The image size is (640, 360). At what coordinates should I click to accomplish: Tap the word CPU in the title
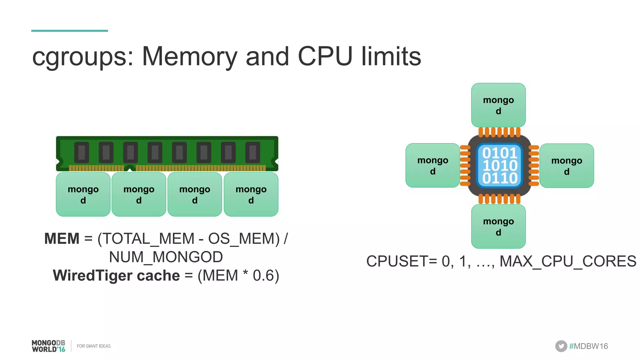click(325, 57)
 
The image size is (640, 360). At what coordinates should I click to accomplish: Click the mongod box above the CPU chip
click(498, 105)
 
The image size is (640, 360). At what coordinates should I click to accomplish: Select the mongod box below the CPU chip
click(498, 226)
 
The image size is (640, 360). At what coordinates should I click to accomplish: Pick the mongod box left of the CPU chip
click(432, 165)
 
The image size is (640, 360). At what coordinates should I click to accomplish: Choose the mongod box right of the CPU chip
click(566, 166)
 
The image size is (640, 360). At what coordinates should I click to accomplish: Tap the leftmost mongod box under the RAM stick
click(83, 194)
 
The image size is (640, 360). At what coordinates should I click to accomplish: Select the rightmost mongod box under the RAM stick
click(251, 194)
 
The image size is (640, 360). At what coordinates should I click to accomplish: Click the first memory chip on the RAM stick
click(82, 152)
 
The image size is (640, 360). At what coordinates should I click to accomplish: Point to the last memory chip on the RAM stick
click(252, 152)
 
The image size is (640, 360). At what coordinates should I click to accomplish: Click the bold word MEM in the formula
click(62, 239)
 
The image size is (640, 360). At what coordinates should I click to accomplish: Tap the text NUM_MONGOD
click(166, 257)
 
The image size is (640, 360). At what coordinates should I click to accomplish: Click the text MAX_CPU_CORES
click(567, 261)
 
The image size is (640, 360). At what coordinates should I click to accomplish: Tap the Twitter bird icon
click(561, 346)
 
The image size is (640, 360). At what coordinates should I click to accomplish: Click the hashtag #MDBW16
click(588, 346)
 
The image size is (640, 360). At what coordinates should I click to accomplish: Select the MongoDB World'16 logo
click(48, 346)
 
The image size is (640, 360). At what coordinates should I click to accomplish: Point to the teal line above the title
click(69, 31)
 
